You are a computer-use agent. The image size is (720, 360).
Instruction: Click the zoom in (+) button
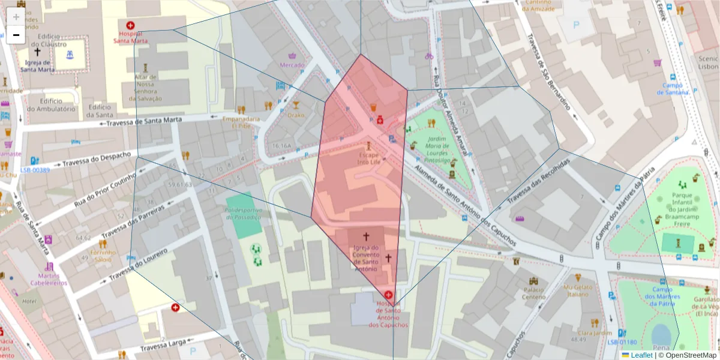16,17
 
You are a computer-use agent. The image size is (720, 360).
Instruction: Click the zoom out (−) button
16,35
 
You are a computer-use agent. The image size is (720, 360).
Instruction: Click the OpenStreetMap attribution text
690,355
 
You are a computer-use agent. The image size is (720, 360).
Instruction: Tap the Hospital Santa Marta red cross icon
130,26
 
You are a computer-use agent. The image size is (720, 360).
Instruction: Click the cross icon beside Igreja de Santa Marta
38,52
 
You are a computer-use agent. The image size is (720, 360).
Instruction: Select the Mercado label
292,65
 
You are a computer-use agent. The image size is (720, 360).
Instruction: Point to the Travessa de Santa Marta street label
143,122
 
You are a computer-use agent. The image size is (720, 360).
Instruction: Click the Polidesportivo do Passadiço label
244,214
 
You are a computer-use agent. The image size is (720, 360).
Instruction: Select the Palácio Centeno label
533,293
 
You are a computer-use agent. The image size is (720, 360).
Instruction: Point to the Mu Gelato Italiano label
577,290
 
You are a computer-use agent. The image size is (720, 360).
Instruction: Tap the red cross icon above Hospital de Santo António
389,295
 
